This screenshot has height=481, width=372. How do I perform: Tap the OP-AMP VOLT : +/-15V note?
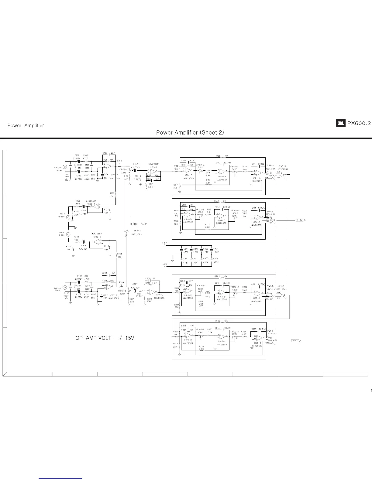point(105,338)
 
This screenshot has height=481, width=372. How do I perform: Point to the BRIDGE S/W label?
point(138,224)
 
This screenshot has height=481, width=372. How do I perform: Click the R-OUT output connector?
point(300,220)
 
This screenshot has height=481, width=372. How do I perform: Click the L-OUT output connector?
point(296,341)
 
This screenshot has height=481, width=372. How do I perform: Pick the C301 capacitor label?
point(186,249)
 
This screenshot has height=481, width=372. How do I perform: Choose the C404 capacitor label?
point(216,258)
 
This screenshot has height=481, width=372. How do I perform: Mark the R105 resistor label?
point(218,155)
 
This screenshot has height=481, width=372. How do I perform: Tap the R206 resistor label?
point(217,321)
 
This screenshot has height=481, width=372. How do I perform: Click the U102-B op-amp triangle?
point(96,242)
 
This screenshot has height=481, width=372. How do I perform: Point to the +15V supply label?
point(164,243)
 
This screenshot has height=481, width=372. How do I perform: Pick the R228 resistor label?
point(76,236)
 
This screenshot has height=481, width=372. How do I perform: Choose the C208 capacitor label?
point(148,278)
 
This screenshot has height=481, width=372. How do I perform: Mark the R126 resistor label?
point(112,193)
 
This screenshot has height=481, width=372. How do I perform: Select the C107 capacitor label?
point(136,164)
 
